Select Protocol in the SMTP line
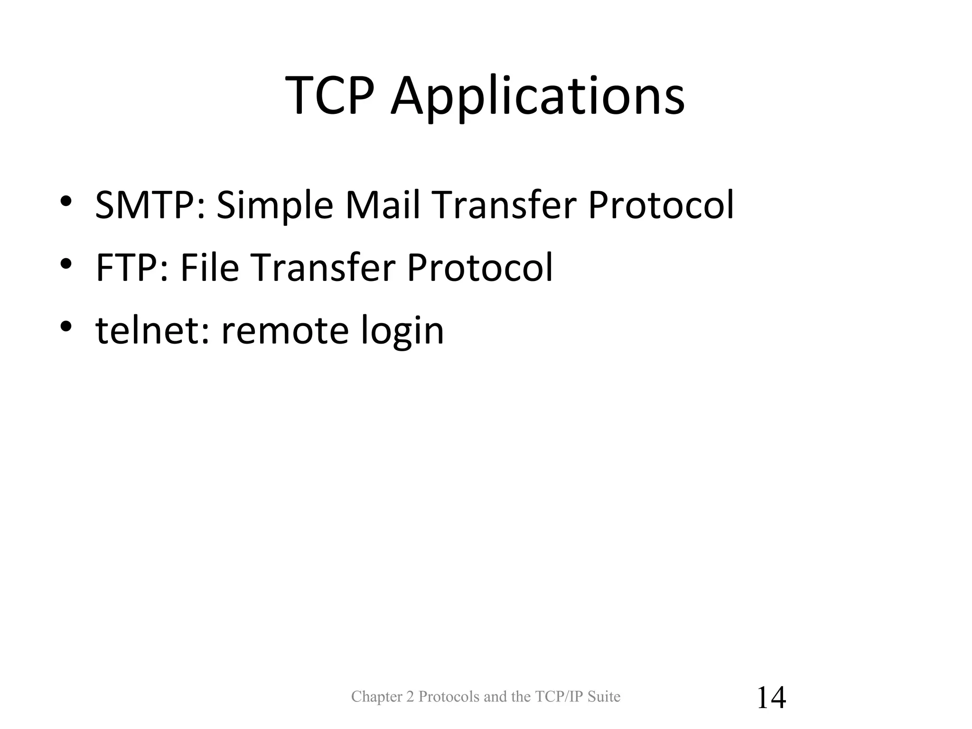coord(661,205)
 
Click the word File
coord(209,267)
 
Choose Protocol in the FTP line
coord(480,267)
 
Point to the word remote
coord(285,330)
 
